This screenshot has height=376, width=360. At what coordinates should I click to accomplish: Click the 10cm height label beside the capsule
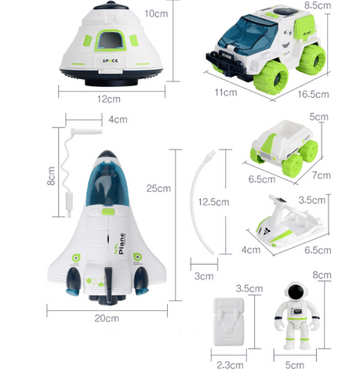[x=156, y=13]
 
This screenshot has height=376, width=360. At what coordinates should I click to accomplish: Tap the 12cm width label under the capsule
[x=109, y=99]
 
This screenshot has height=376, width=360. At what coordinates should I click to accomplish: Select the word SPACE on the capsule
[x=110, y=61]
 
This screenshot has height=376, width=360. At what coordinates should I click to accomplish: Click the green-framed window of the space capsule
[x=110, y=41]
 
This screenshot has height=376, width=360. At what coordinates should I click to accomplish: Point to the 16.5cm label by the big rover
[x=313, y=94]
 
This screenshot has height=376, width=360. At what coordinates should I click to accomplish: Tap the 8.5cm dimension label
[x=318, y=5]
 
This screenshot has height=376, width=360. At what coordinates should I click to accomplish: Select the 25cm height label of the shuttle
[x=158, y=188]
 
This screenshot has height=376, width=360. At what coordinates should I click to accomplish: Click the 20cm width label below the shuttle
[x=107, y=318]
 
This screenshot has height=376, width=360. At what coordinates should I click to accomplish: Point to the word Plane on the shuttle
[x=122, y=244]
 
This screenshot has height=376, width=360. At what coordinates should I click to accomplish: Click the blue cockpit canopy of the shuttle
[x=107, y=183]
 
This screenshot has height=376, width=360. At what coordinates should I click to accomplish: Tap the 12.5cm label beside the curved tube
[x=213, y=202]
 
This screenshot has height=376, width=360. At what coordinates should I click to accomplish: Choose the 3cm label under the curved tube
[x=204, y=276]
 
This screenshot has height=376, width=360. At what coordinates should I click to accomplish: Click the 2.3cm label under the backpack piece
[x=230, y=365]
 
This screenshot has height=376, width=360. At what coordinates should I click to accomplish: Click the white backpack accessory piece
[x=229, y=322]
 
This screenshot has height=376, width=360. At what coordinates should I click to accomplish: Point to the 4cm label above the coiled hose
[x=118, y=120]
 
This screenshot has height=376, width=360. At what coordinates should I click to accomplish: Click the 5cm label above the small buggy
[x=318, y=117]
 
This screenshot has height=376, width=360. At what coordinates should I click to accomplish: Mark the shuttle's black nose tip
[x=107, y=154]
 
